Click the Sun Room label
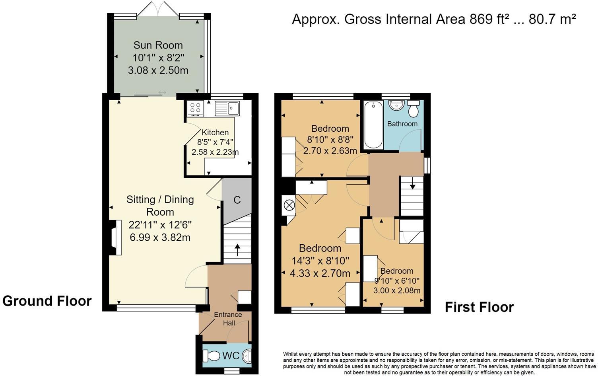[158, 45]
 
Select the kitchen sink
[227, 108]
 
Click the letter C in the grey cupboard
[237, 200]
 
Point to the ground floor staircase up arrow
[237, 249]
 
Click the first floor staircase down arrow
[412, 183]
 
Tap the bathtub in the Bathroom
[373, 125]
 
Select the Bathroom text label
[402, 124]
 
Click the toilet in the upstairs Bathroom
[413, 109]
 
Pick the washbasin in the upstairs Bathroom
[396, 105]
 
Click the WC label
[231, 356]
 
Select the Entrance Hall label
[228, 319]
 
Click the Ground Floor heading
[47, 301]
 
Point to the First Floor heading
[479, 307]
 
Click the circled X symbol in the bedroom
[289, 205]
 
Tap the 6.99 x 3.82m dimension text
[160, 237]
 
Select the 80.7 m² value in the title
[552, 19]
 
